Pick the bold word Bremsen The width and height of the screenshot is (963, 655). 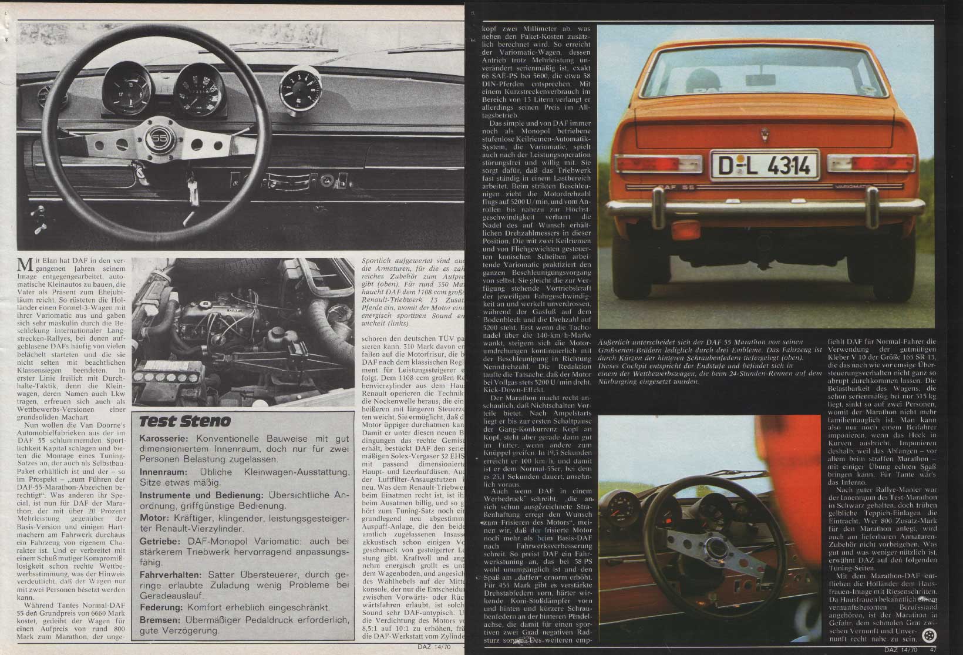(161, 619)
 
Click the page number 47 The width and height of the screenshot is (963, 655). (933, 649)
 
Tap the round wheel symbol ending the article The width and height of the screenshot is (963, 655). (929, 635)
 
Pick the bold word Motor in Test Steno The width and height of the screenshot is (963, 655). (154, 518)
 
